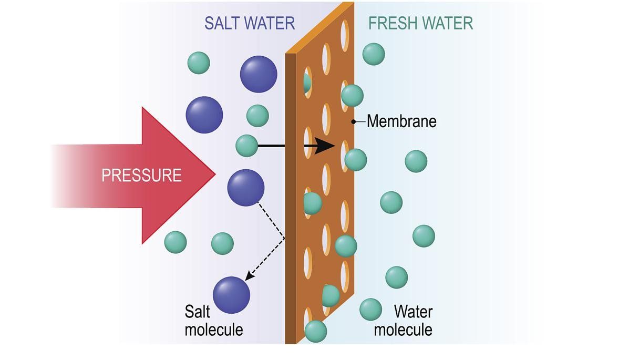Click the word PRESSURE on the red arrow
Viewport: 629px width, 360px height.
point(141,175)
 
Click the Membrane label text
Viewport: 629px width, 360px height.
point(401,121)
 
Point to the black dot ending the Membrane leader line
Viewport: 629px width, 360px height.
point(354,121)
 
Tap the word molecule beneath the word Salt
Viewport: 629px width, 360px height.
point(214,330)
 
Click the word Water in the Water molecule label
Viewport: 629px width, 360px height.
point(413,312)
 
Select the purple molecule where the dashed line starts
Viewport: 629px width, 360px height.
point(245,188)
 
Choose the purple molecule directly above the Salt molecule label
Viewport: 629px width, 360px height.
point(231,294)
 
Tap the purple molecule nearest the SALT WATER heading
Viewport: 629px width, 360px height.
point(259,74)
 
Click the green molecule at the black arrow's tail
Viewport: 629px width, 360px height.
point(246,146)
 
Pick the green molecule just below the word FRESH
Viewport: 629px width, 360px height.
point(374,54)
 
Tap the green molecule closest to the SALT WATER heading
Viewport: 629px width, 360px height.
point(199,63)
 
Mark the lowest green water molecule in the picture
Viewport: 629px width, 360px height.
point(316,331)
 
